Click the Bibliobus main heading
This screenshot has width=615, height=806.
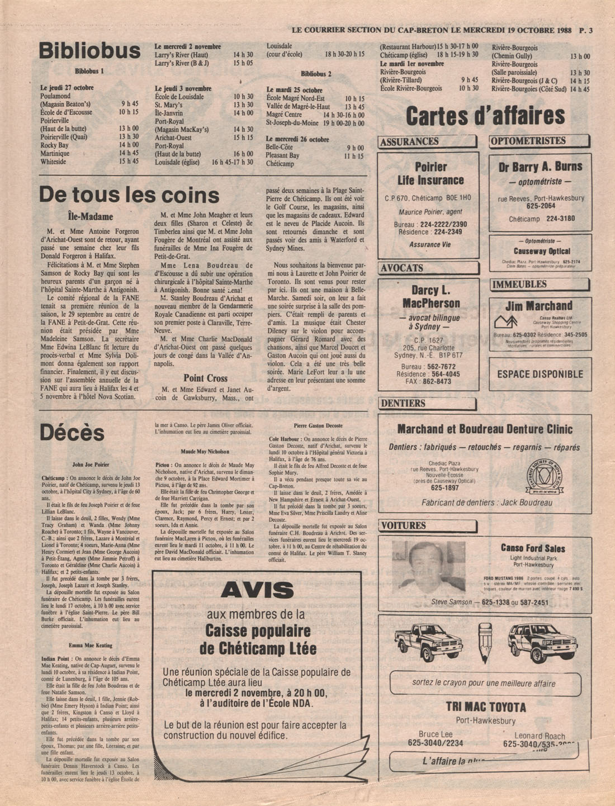click(x=89, y=51)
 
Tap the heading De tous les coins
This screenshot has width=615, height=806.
click(x=129, y=195)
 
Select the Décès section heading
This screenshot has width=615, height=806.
click(x=72, y=433)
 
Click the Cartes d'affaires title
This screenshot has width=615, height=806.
click(x=485, y=116)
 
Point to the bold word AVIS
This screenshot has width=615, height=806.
click(x=257, y=590)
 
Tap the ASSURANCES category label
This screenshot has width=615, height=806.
click(x=410, y=142)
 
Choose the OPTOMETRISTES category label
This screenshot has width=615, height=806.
click(x=528, y=141)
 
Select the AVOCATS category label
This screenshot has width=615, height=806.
click(x=402, y=268)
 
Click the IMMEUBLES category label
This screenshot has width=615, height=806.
click(x=519, y=285)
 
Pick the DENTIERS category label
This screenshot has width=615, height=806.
click(x=403, y=404)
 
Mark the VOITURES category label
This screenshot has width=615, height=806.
click(x=404, y=525)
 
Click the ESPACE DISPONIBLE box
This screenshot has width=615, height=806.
click(x=540, y=374)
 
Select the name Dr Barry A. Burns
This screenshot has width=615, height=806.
click(x=540, y=167)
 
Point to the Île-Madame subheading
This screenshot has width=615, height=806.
click(x=90, y=216)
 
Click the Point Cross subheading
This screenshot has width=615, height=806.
click(x=205, y=378)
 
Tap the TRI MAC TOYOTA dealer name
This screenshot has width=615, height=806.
click(x=485, y=707)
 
